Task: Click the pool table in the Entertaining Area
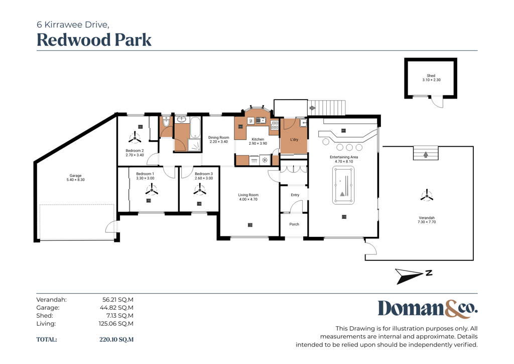pyautogui.click(x=343, y=185)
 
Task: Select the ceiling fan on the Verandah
pyautogui.click(x=427, y=195)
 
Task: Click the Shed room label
pyautogui.click(x=431, y=75)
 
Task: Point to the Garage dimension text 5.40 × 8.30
pyautogui.click(x=75, y=180)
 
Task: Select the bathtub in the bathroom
pyautogui.click(x=195, y=127)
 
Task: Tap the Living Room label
pyautogui.click(x=248, y=195)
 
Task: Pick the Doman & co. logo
pyautogui.click(x=428, y=309)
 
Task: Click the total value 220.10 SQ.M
pyautogui.click(x=116, y=339)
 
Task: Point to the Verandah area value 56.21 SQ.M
pyautogui.click(x=117, y=300)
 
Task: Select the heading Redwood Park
pyautogui.click(x=94, y=40)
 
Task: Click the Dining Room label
pyautogui.click(x=219, y=138)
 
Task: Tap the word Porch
pyautogui.click(x=294, y=224)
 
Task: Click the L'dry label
pyautogui.click(x=294, y=139)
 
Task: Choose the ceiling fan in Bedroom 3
pyautogui.click(x=200, y=190)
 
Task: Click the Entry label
pyautogui.click(x=295, y=195)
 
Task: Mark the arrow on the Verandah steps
pyautogui.click(x=426, y=154)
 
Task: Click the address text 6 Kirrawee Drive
pyautogui.click(x=73, y=25)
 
